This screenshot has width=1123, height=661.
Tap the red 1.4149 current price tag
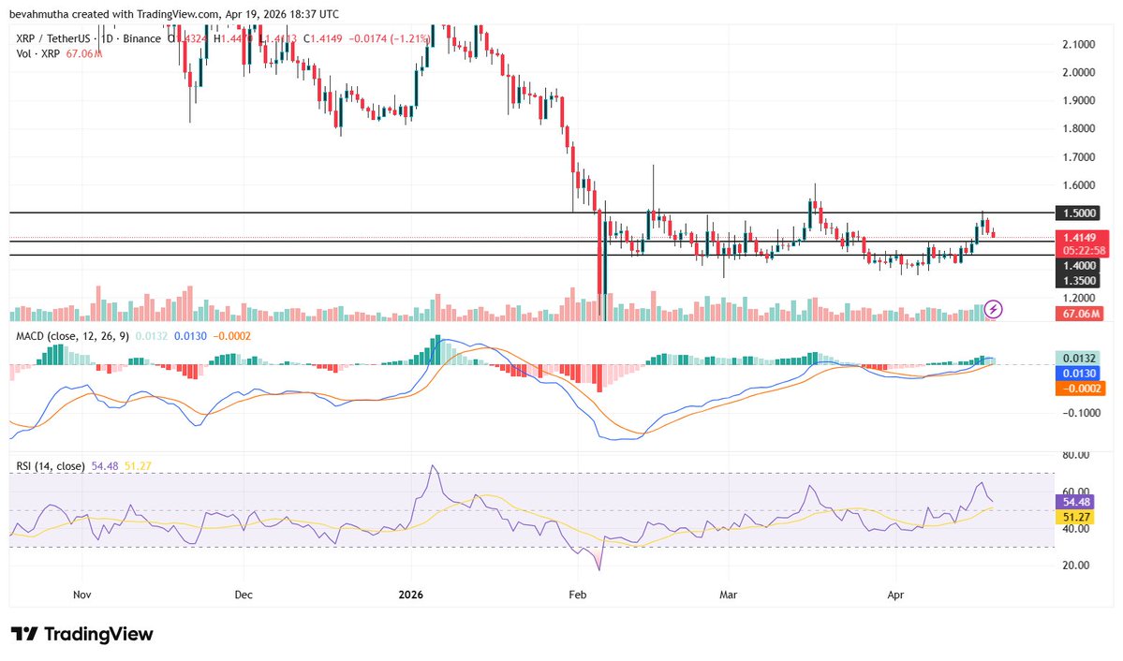pos(1080,237)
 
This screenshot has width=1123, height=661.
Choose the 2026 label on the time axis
pos(413,594)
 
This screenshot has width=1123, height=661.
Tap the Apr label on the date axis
pos(894,594)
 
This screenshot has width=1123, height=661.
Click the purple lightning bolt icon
pos(995,308)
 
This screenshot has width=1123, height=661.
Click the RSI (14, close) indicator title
pos(49,465)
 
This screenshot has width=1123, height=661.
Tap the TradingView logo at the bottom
pos(81,634)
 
